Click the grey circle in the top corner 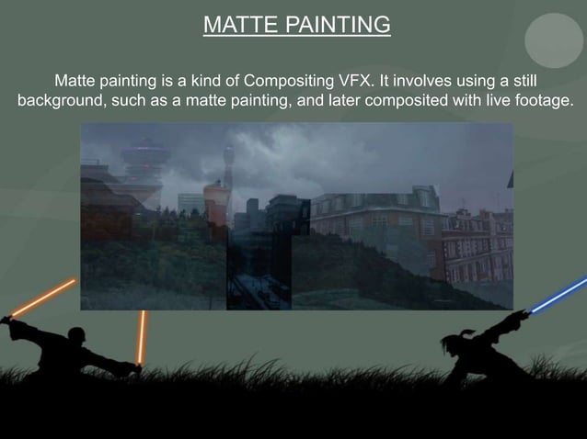(554, 39)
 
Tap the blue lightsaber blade (558, 296)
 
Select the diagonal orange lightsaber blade (42, 298)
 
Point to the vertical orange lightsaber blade (142, 336)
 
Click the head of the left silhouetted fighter (76, 336)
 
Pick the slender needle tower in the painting (228, 165)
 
